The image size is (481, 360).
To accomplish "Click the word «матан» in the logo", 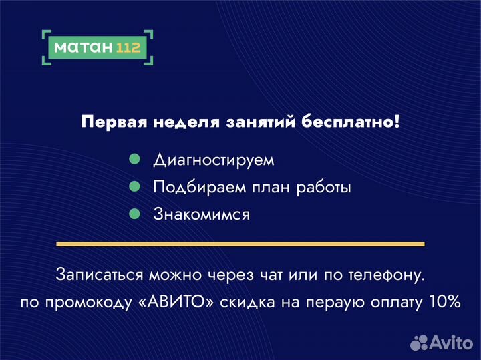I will pyautogui.click(x=82, y=47).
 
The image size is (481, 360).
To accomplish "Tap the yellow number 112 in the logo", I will pyautogui.click(x=128, y=47).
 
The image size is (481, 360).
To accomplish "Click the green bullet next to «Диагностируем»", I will pyautogui.click(x=134, y=160).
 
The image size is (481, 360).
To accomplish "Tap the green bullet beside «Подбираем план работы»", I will pyautogui.click(x=134, y=187).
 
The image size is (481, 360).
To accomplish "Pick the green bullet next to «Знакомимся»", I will pyautogui.click(x=134, y=214).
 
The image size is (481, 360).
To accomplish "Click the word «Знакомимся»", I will pyautogui.click(x=202, y=214).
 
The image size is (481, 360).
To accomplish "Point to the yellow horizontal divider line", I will pyautogui.click(x=240, y=244).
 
